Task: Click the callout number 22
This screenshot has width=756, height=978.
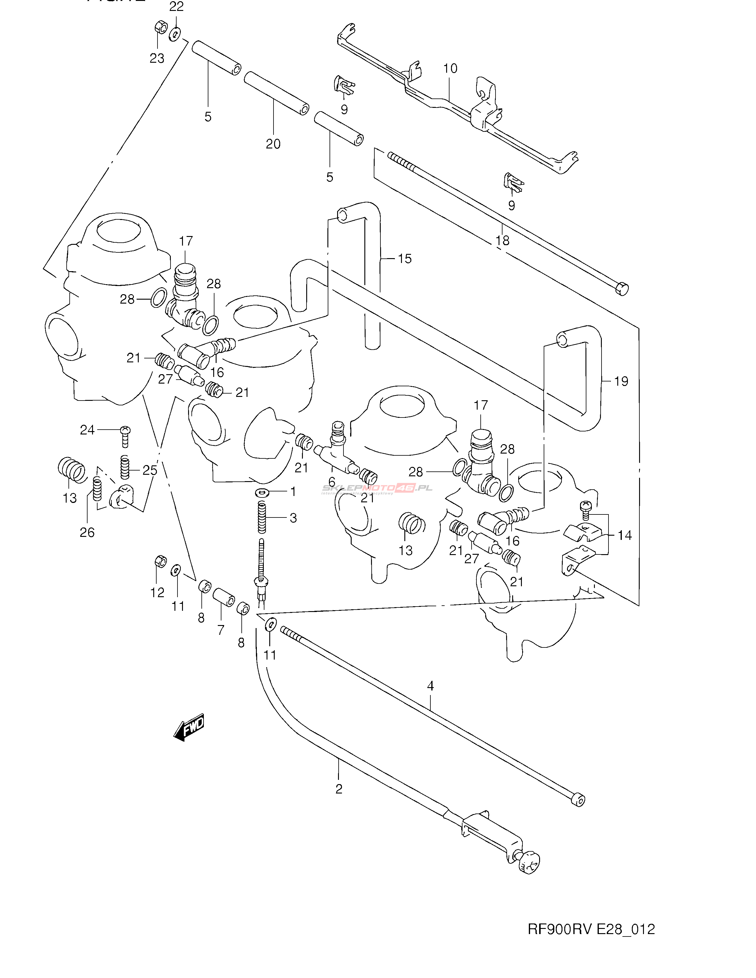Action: click(176, 7)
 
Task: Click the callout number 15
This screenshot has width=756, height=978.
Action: click(405, 259)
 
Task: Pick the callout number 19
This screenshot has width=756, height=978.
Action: click(621, 381)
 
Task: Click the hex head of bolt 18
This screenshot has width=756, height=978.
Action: click(622, 288)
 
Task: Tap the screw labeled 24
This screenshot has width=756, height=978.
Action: click(125, 431)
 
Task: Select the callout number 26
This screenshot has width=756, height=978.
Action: click(87, 532)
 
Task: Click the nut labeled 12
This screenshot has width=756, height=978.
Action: click(160, 561)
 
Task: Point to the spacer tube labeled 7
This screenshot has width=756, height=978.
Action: click(224, 597)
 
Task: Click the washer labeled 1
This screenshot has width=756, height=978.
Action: click(262, 493)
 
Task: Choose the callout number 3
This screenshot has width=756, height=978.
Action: click(293, 518)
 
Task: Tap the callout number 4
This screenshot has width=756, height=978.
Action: click(430, 686)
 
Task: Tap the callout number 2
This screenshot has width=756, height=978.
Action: click(339, 789)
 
